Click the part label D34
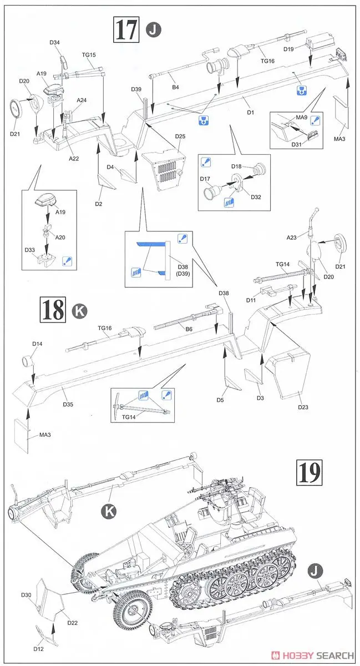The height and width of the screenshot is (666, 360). [54, 43]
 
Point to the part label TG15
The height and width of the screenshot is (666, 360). [89, 54]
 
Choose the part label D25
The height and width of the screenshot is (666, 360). [180, 137]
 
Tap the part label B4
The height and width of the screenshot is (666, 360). [175, 87]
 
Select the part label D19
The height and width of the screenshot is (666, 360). [288, 49]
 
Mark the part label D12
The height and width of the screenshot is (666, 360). [38, 649]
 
